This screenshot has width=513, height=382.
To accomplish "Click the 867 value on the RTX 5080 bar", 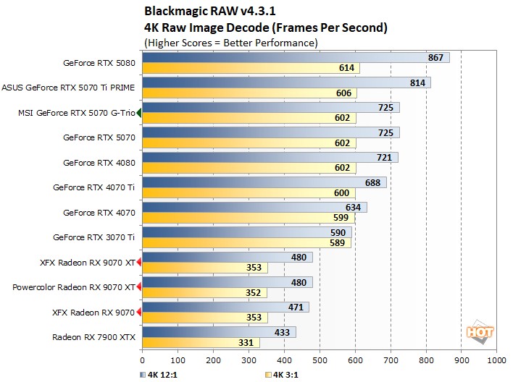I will tap(436, 58).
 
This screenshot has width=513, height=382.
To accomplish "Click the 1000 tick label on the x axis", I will tap(496, 359).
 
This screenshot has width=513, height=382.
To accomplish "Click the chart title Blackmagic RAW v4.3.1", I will tap(199, 11).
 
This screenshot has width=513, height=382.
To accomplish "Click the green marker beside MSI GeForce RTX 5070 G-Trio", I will tap(139, 113).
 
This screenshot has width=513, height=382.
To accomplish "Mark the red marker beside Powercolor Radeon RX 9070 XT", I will tap(139, 286).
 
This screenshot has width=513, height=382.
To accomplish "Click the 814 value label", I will tap(417, 83).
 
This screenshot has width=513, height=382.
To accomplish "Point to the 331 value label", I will tap(247, 342).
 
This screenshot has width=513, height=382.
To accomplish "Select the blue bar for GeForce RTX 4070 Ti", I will tap(264, 182).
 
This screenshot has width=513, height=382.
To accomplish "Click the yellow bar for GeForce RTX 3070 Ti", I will tap(246, 242).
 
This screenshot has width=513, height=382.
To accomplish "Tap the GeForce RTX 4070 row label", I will tap(99, 213).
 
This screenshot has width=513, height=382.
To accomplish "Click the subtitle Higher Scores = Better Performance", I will tap(231, 43).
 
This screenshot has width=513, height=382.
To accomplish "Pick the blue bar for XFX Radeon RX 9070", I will tap(225, 307).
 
